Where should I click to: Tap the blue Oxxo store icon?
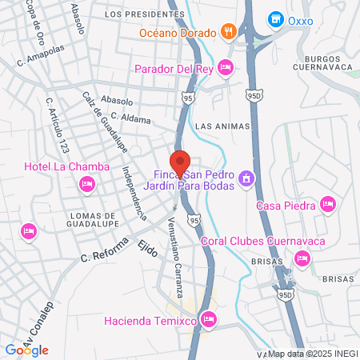click(275, 18)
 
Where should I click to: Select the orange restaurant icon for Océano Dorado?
click(228, 33)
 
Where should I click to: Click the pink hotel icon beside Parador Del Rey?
click(226, 68)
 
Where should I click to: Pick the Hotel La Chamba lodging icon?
click(86, 185)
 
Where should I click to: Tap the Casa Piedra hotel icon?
click(326, 206)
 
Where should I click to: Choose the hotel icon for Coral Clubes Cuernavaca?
click(302, 258)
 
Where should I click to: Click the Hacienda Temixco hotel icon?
click(209, 321)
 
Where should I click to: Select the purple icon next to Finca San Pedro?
click(246, 178)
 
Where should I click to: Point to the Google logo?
click(26, 350)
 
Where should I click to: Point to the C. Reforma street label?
click(105, 253)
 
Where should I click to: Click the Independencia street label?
click(134, 192)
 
